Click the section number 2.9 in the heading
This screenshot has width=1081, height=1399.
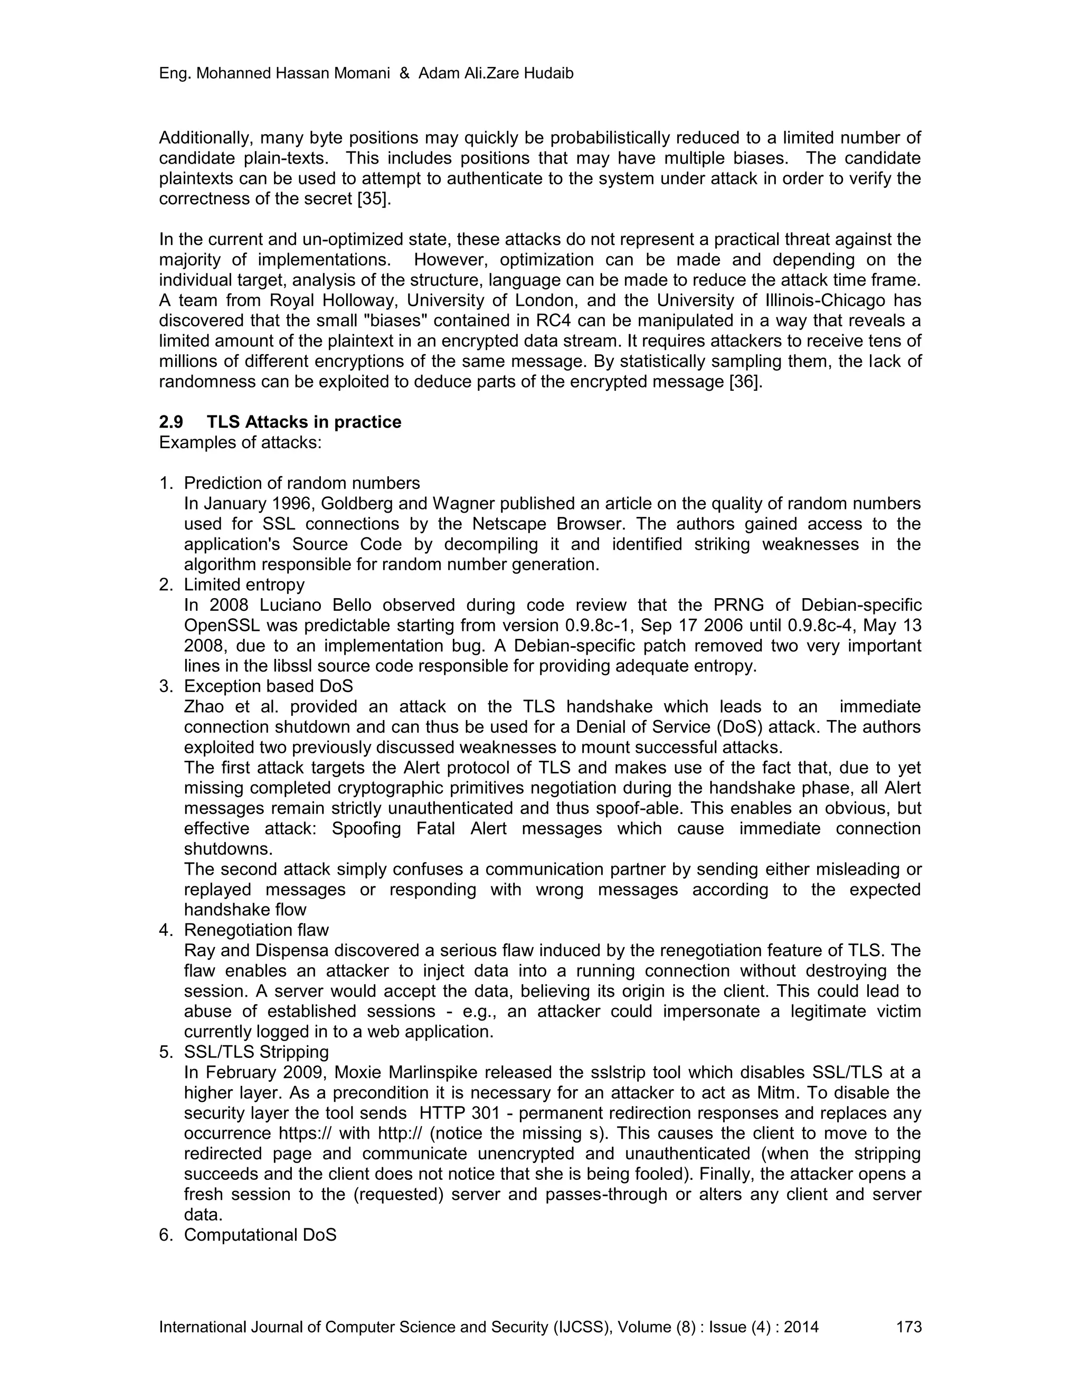(171, 422)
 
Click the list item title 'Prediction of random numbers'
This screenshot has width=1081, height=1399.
(301, 483)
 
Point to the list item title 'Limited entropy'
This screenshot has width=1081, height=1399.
(244, 585)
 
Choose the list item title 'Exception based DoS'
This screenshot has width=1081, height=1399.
(268, 686)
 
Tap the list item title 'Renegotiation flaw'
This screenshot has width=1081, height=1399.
(256, 930)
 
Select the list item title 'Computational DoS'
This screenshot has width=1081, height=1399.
(260, 1235)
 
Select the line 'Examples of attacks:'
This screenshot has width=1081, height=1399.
(240, 442)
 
